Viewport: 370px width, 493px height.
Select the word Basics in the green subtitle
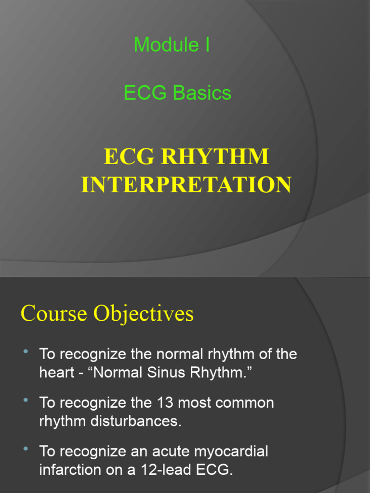[x=202, y=93]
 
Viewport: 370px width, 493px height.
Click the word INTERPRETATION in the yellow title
[x=185, y=185]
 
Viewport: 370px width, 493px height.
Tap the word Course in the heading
[x=53, y=314]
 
